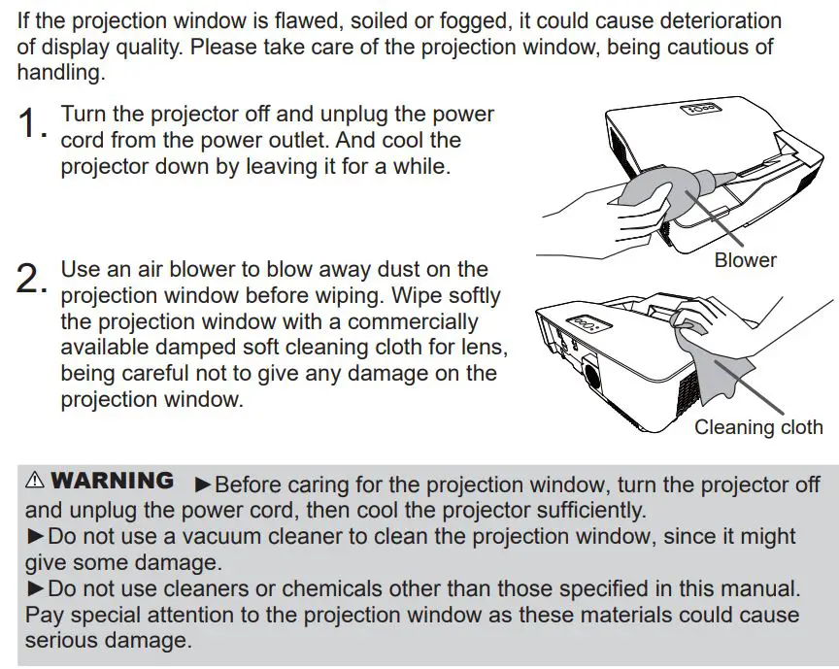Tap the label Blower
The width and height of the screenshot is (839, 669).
pyautogui.click(x=745, y=260)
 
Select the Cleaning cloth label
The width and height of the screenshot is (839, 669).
pyautogui.click(x=757, y=427)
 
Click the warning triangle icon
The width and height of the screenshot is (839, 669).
pyautogui.click(x=35, y=481)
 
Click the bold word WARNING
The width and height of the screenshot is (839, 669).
pyautogui.click(x=113, y=481)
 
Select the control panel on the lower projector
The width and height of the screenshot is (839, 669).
pyautogui.click(x=585, y=321)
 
